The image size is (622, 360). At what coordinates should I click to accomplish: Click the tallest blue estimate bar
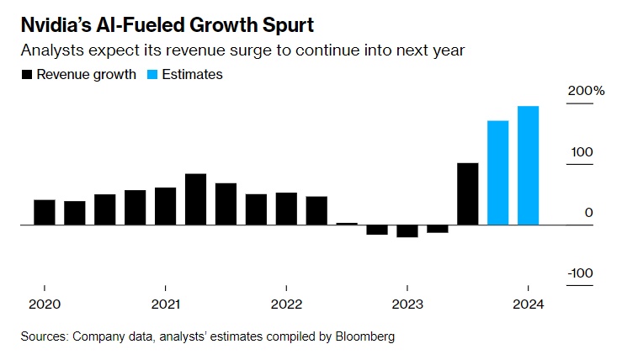point(528,166)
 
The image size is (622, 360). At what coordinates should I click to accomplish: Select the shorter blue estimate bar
point(497,173)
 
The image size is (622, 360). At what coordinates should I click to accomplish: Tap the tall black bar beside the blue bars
point(467,194)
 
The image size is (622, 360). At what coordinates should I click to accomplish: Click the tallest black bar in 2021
point(195,199)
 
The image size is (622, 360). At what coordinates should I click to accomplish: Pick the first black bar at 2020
point(45,213)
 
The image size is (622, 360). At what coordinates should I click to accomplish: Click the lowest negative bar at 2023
point(407,231)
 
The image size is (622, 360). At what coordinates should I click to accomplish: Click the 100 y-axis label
point(583,152)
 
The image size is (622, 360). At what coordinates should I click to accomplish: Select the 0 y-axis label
point(589,213)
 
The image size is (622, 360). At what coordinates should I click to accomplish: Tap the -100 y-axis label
point(581,273)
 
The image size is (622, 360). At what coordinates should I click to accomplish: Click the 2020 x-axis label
point(44,304)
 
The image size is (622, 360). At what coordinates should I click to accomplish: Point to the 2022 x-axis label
point(286,304)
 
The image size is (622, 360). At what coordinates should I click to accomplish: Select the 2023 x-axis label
point(407,304)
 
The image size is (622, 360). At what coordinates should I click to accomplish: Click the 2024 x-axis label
point(528,304)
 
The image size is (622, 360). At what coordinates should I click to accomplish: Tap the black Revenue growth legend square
point(27,75)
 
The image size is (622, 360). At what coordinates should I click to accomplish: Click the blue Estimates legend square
point(152,75)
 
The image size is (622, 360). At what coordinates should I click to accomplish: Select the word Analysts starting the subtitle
point(50,50)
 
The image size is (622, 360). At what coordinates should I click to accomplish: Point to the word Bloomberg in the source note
point(365,336)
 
